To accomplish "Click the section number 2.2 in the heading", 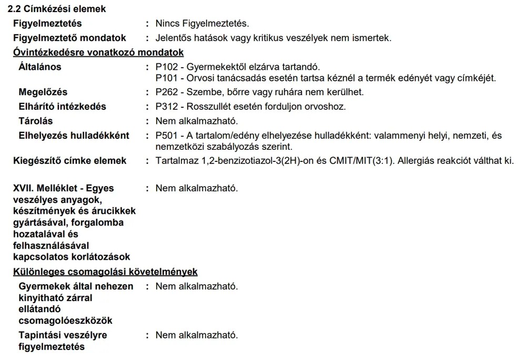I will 14,9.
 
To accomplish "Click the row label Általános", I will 40,67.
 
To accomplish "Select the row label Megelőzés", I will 43,92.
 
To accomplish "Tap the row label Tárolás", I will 36,121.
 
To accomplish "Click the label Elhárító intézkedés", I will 62,107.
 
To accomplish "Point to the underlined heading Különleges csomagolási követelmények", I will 105,272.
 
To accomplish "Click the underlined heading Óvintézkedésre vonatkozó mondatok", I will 98,53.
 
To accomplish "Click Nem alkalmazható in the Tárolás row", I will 197,121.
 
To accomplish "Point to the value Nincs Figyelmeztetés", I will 202,24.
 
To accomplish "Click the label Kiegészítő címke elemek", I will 69,160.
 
